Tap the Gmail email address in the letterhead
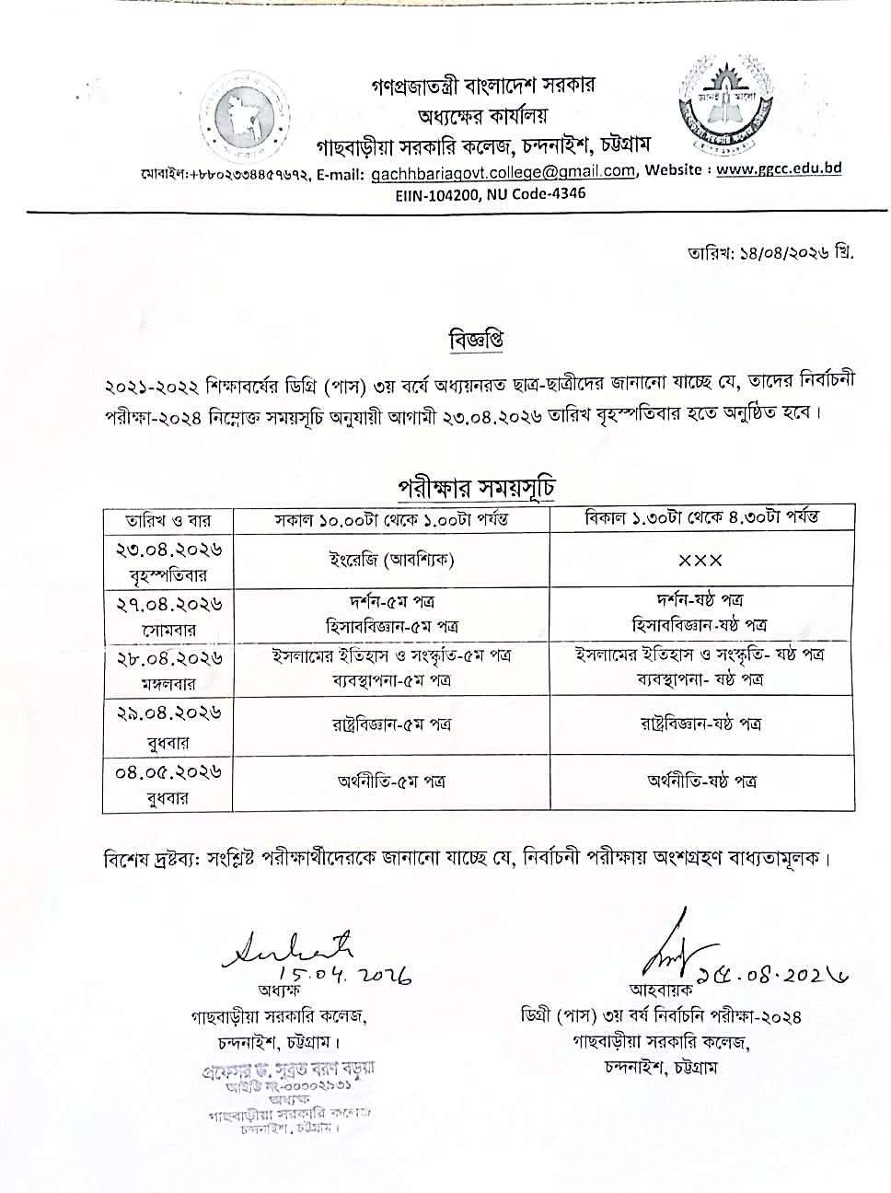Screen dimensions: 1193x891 click(x=503, y=172)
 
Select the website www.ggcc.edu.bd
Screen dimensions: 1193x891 click(x=779, y=169)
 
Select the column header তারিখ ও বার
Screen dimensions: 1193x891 click(x=168, y=518)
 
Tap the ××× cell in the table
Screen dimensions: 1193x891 click(x=700, y=560)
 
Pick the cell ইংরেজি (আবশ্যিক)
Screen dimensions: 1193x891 click(x=392, y=560)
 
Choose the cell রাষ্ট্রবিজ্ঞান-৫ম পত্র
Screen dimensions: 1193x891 click(x=392, y=724)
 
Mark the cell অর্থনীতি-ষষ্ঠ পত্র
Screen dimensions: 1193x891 click(x=700, y=781)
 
